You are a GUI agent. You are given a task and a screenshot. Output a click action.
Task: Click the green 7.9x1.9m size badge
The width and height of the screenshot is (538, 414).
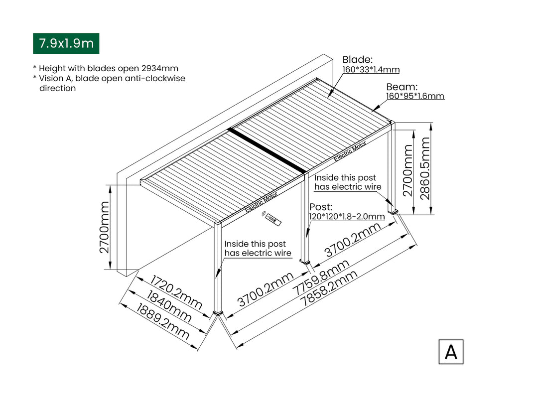tap(66, 43)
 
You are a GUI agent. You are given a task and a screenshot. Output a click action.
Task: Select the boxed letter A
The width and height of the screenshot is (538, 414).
tap(451, 352)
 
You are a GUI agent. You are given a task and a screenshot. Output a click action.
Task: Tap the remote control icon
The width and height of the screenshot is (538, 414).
tap(272, 219)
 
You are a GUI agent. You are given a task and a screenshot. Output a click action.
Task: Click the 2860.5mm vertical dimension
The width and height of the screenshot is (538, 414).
tap(425, 168)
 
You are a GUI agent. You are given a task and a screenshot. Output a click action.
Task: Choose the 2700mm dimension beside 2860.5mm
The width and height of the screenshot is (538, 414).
tap(408, 170)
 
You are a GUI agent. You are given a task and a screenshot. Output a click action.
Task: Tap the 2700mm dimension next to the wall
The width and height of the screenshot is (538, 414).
tap(104, 227)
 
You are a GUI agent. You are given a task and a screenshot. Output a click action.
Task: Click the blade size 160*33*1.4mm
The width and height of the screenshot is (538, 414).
tap(371, 70)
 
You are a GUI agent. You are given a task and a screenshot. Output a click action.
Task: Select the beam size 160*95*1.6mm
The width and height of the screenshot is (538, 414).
tap(415, 96)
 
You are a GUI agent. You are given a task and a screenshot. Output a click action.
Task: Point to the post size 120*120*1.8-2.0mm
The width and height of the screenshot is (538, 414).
tap(347, 217)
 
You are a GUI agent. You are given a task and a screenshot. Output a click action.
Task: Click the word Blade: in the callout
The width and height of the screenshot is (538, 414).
tap(357, 60)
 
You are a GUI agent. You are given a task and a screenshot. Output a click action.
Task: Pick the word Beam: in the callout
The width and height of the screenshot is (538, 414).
tap(402, 87)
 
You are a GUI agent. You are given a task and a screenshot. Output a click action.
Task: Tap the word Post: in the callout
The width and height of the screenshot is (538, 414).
tap(321, 207)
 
